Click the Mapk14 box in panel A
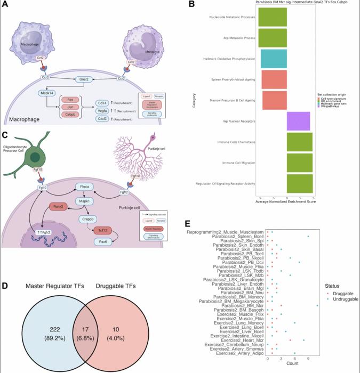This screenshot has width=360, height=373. [x=49, y=92]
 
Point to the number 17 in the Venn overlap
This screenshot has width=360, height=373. [x=88, y=313]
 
